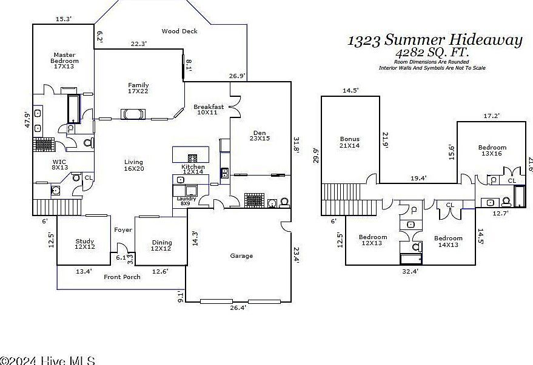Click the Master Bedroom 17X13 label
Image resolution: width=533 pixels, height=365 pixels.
point(64,61)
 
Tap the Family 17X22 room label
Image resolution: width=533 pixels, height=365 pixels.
point(138,88)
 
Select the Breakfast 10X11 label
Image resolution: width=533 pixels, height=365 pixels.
point(209,110)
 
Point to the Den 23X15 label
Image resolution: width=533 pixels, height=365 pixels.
point(260,136)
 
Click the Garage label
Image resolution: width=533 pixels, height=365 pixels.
point(241,255)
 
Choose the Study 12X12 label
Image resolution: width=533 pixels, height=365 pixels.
point(84,244)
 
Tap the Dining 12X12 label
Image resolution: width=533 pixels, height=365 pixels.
point(161,244)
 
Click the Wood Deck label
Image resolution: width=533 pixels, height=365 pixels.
point(179,31)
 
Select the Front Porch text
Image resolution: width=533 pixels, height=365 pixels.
point(121,277)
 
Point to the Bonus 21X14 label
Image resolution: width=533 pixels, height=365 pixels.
point(349,143)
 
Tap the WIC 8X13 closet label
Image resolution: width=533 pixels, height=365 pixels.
point(59,165)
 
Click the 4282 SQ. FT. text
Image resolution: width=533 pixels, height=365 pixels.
point(434,53)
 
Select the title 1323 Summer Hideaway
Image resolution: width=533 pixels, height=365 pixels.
point(434,41)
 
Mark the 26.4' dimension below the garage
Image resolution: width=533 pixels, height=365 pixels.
point(238,307)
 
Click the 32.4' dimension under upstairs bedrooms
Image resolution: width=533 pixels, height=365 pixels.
point(410,271)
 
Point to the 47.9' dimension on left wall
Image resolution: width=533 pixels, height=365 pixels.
point(27,119)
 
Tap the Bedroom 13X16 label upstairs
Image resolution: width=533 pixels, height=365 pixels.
point(492,151)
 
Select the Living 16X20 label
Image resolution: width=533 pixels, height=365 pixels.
point(133,165)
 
